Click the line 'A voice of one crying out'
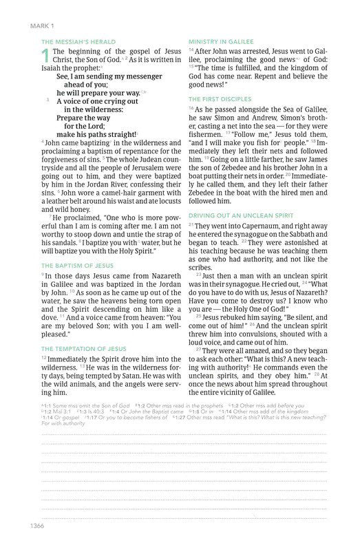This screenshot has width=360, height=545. tap(94, 100)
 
